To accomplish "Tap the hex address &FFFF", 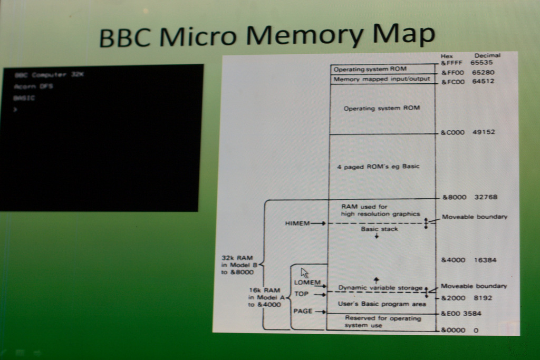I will [451, 63].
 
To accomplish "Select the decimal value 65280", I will [483, 72].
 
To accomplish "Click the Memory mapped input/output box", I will [382, 79].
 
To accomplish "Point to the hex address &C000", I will [452, 132].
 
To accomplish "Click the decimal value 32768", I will [485, 197].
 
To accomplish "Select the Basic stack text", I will [379, 229].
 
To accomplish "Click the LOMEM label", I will [307, 283].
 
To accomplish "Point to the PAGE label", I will [303, 311].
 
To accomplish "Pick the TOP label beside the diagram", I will [301, 294].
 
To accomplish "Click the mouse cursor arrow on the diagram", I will [304, 273].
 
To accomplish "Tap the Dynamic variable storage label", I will [380, 288].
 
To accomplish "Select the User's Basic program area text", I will [382, 304].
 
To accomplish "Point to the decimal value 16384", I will [485, 260].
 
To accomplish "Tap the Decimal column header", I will [487, 55].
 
